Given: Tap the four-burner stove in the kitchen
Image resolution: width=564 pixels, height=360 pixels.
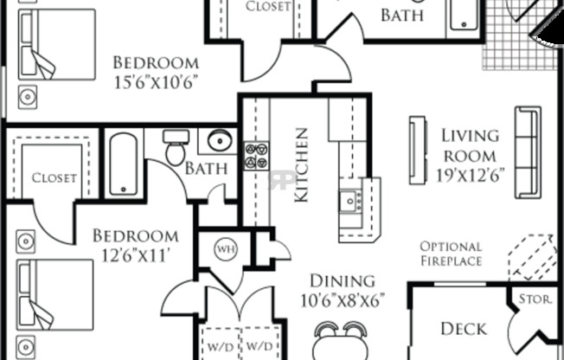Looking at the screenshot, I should click(256, 155).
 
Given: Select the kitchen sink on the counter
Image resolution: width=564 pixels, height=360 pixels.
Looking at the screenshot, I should click(351, 202).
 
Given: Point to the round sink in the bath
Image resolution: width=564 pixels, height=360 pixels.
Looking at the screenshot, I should click(218, 141).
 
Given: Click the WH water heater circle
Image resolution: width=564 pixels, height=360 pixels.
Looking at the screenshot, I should click(226, 250).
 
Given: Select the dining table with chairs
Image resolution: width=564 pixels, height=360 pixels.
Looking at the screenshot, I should click(341, 340).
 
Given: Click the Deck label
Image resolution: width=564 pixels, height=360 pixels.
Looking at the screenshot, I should click(464, 329).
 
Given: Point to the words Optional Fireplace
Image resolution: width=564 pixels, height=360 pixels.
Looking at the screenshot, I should click(451, 254).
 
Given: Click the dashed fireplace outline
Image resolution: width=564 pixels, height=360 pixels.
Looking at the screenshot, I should click(531, 255).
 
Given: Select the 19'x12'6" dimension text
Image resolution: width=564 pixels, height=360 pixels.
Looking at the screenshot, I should click(471, 173).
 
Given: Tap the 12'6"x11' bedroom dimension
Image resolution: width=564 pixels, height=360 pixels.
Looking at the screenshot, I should click(136, 254).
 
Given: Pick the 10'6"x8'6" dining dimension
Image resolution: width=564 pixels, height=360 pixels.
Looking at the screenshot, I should click(342, 300).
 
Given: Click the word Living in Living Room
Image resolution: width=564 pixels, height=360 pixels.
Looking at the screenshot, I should click(471, 136).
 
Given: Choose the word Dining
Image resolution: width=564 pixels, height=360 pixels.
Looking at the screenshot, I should click(342, 281).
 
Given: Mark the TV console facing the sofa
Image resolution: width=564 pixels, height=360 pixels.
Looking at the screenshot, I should click(419, 150).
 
